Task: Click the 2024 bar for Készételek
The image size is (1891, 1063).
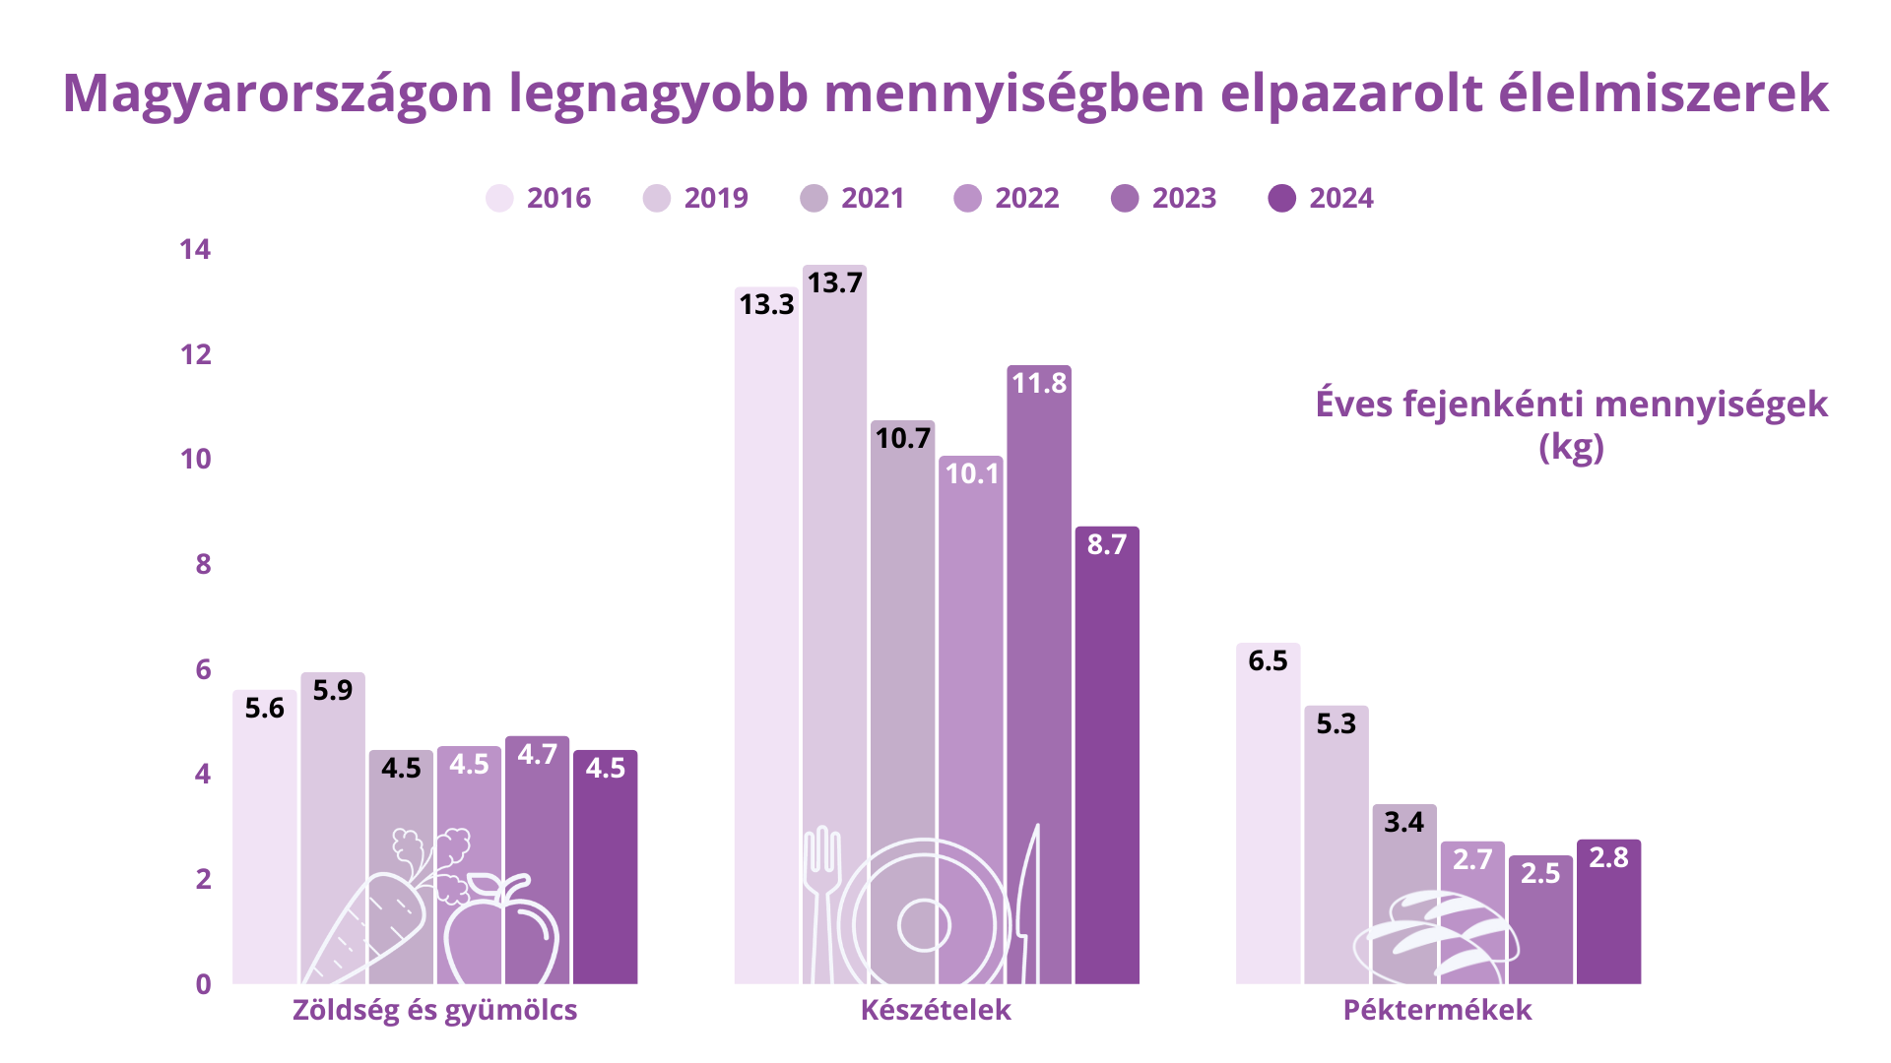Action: tap(1107, 758)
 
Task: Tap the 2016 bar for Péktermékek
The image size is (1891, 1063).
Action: tap(1268, 817)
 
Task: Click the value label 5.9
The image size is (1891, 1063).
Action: tap(333, 691)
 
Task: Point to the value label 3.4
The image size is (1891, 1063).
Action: tap(1403, 823)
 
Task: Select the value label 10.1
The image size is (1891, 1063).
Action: tap(972, 474)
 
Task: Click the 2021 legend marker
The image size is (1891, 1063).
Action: tap(815, 199)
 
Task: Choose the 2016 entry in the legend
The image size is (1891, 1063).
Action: tap(540, 199)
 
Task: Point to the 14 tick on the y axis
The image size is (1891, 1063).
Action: tap(195, 249)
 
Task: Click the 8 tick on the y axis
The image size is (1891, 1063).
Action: tap(203, 564)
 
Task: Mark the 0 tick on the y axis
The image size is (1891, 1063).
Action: tap(203, 984)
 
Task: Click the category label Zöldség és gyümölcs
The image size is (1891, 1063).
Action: tap(434, 1011)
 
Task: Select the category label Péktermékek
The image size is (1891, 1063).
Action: tap(1437, 1011)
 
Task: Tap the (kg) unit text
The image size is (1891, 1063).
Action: tap(1571, 448)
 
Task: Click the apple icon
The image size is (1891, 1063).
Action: tap(501, 930)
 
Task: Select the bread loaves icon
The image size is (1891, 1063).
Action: tap(1436, 935)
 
